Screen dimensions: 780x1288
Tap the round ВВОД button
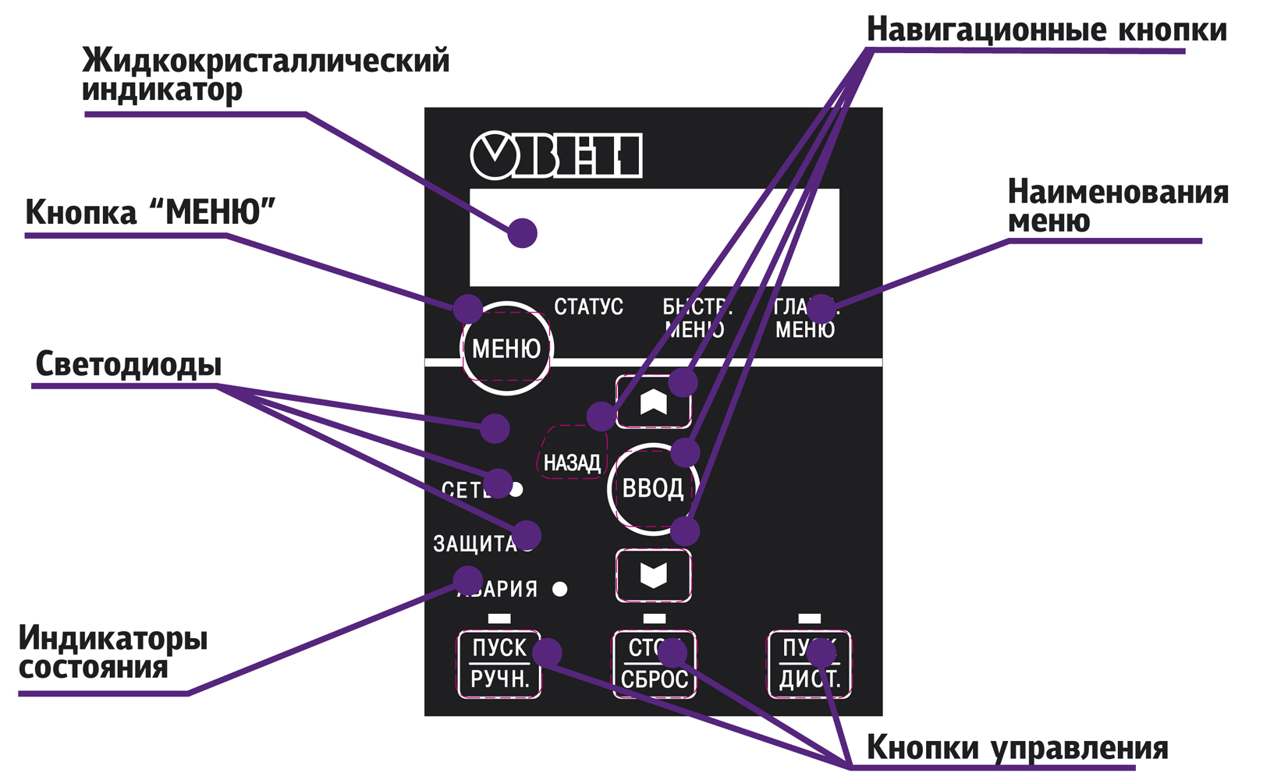(652, 489)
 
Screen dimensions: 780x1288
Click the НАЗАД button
(572, 462)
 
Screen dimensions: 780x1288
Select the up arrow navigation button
(653, 402)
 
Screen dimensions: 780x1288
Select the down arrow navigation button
(653, 576)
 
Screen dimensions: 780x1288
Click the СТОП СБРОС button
(654, 665)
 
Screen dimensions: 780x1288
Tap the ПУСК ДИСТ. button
(810, 665)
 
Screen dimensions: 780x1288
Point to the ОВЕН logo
(556, 155)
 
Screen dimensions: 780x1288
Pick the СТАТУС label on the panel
(588, 307)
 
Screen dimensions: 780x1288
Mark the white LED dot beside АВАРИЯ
(559, 589)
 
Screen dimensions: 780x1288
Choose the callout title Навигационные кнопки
(1046, 30)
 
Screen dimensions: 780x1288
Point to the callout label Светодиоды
(129, 364)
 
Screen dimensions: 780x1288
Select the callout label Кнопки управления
(1017, 747)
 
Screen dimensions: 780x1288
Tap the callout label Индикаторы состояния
(113, 652)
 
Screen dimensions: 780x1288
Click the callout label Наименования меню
(1117, 206)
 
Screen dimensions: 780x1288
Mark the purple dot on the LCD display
(522, 232)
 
